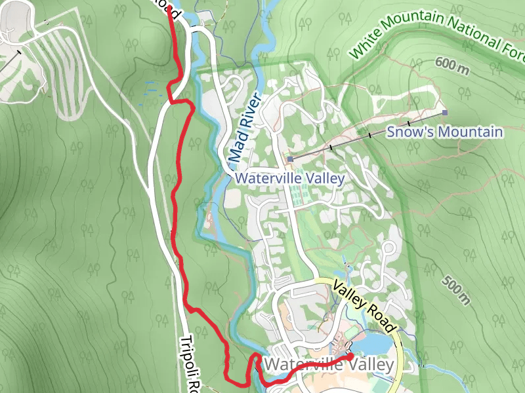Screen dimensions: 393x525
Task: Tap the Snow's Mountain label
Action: click(x=444, y=132)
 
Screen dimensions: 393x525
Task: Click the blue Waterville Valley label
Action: click(x=289, y=178)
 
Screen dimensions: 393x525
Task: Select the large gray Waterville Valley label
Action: click(x=330, y=364)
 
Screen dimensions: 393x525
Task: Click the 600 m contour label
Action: click(x=453, y=65)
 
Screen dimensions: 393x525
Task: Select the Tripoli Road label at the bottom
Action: click(x=190, y=364)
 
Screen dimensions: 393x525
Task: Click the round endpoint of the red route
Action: click(x=350, y=356)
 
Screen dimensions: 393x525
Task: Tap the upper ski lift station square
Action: click(x=445, y=113)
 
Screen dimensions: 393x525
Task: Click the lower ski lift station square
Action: click(x=289, y=159)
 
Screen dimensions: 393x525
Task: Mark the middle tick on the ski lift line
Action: click(x=369, y=136)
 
